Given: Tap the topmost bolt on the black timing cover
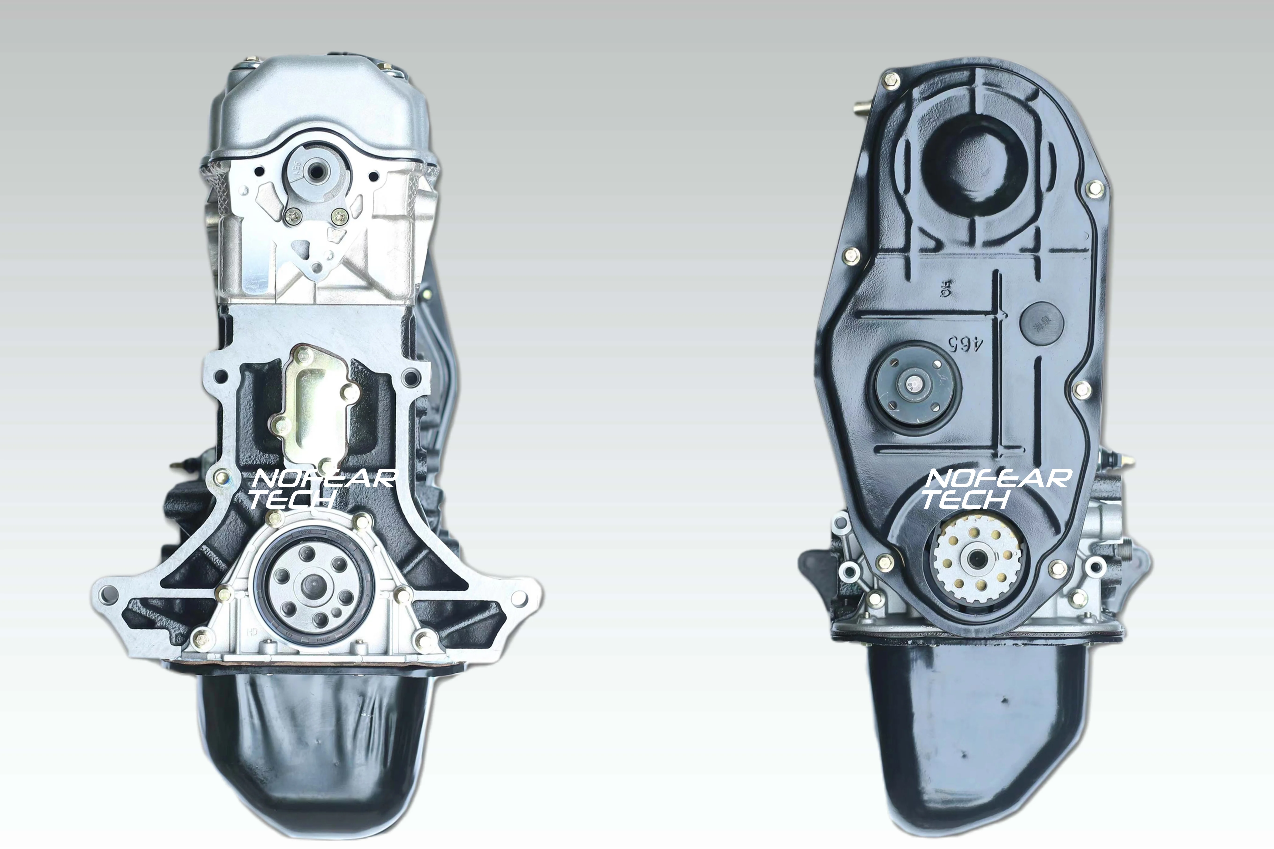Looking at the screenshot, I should coord(891,80).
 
